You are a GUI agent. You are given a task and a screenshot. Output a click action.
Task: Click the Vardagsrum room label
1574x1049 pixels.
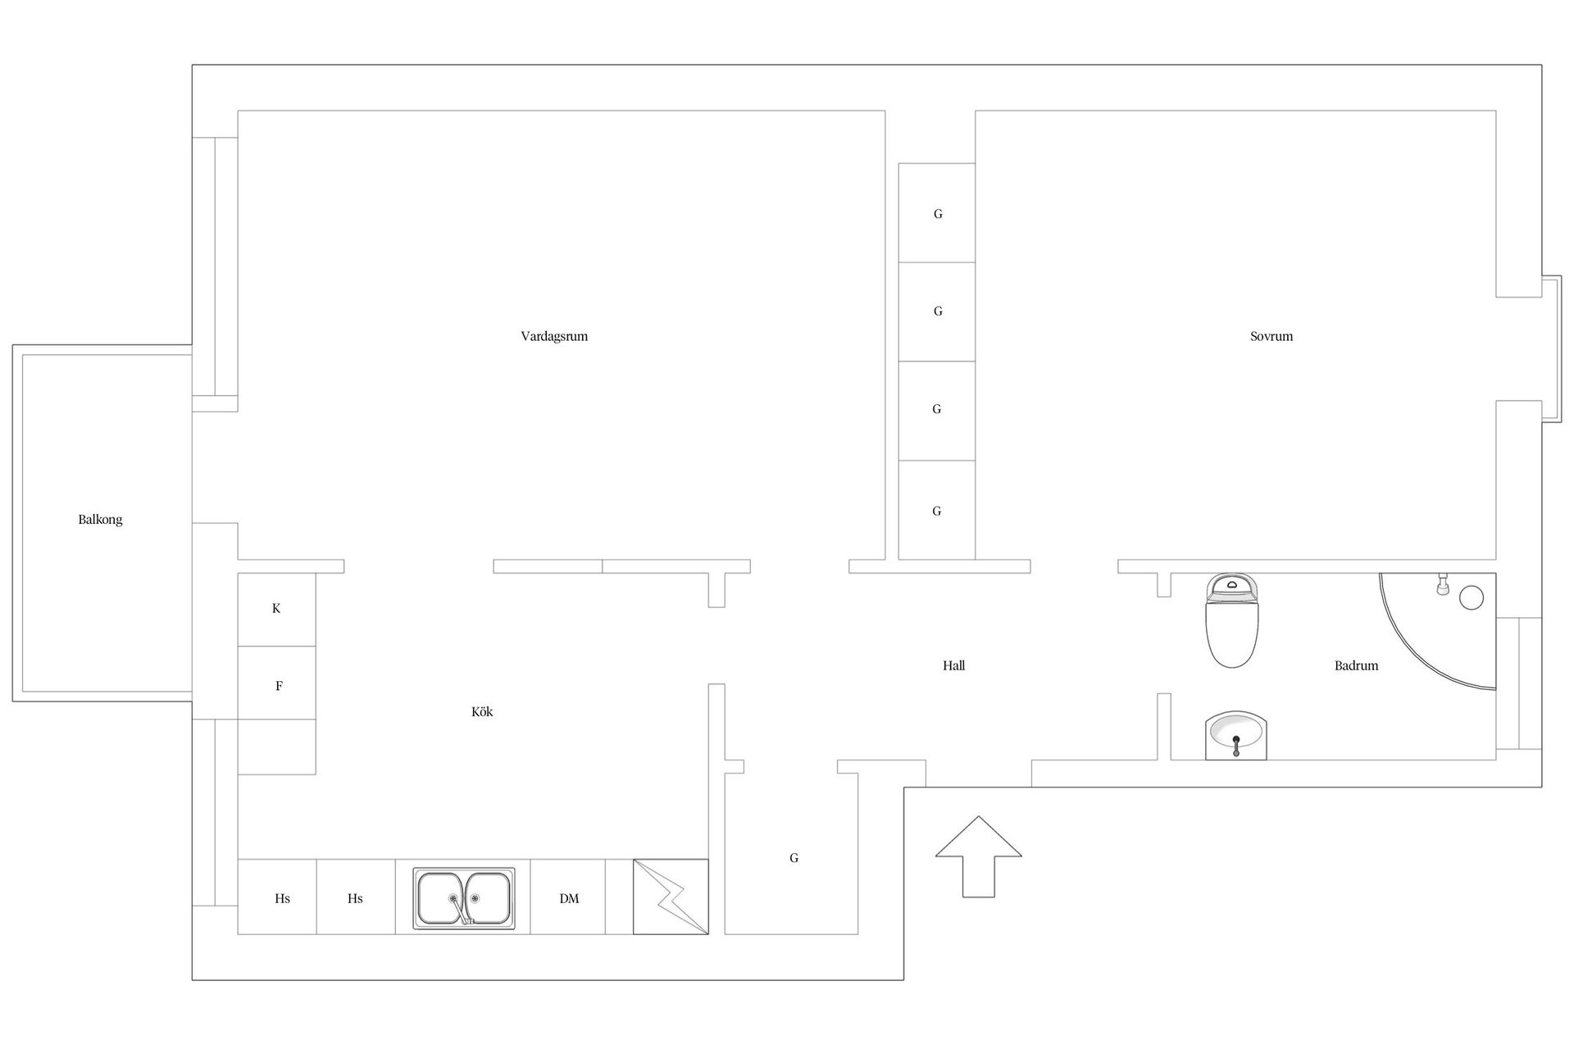[554, 336]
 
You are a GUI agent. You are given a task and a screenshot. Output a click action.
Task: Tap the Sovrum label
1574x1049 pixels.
[1271, 336]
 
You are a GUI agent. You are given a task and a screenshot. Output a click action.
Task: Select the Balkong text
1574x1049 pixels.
[100, 520]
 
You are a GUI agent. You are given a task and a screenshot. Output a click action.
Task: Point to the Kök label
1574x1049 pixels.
[482, 711]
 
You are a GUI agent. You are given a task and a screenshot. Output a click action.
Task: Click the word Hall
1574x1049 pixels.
[953, 665]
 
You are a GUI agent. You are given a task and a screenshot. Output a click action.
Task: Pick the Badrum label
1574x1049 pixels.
[1356, 665]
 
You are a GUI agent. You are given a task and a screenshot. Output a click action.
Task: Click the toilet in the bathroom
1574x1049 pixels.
[1231, 620]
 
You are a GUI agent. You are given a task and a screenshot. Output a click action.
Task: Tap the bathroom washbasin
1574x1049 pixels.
[1236, 735]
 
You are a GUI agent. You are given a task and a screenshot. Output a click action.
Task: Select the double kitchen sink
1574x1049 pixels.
[463, 898]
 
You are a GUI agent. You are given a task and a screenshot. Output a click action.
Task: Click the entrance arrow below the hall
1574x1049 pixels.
[979, 856]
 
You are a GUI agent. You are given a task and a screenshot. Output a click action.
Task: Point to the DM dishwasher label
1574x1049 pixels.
[569, 899]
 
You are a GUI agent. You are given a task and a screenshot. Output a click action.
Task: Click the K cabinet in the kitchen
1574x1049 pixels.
[276, 609]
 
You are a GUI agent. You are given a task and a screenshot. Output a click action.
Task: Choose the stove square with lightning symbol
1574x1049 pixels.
[671, 897]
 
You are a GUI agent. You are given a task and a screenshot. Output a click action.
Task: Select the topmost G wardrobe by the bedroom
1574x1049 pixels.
[937, 213]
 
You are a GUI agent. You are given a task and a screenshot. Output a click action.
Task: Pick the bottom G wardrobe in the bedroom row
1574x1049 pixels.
[937, 510]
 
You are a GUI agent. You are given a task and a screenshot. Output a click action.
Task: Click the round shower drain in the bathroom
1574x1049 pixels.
[1472, 598]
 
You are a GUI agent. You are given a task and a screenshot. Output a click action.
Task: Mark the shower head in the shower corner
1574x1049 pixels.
[1443, 584]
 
